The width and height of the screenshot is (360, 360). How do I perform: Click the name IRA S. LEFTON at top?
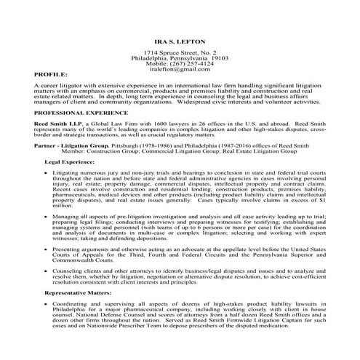(180, 43)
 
